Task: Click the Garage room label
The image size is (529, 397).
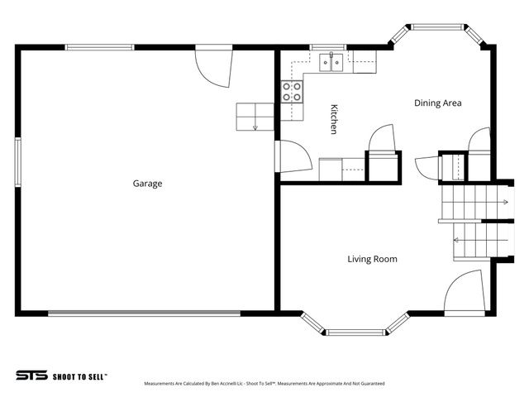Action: [x=147, y=184]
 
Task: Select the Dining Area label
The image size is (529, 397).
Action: [x=437, y=103]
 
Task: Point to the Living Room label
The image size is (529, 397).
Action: [x=371, y=259]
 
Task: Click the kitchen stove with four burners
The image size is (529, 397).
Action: [x=292, y=91]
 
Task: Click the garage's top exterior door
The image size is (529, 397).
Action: [x=213, y=67]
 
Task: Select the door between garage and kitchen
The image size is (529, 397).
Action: [x=292, y=156]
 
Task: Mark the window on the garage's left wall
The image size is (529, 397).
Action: [x=17, y=162]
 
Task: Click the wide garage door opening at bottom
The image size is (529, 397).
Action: [x=144, y=313]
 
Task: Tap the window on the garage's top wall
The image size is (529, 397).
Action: [x=100, y=47]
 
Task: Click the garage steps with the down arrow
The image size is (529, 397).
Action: [x=255, y=117]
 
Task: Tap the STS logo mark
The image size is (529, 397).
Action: [x=31, y=375]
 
